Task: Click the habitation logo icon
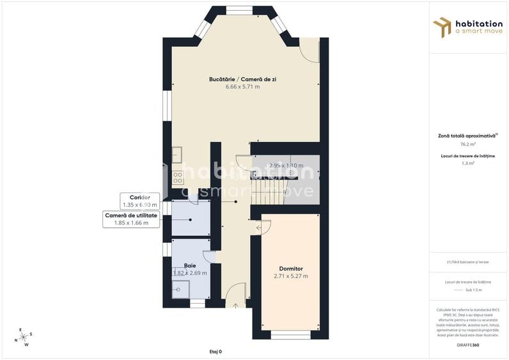click(442, 27)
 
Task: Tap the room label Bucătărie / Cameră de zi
click(242, 79)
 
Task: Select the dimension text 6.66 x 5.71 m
click(242, 86)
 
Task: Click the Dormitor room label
click(291, 269)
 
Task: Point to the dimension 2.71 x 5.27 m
click(291, 276)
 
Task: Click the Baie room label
click(190, 265)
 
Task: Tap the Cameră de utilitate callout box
click(131, 219)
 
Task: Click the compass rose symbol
click(24, 336)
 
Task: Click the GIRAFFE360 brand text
click(468, 345)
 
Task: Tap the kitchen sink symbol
click(176, 155)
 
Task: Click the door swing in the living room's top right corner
click(309, 51)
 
